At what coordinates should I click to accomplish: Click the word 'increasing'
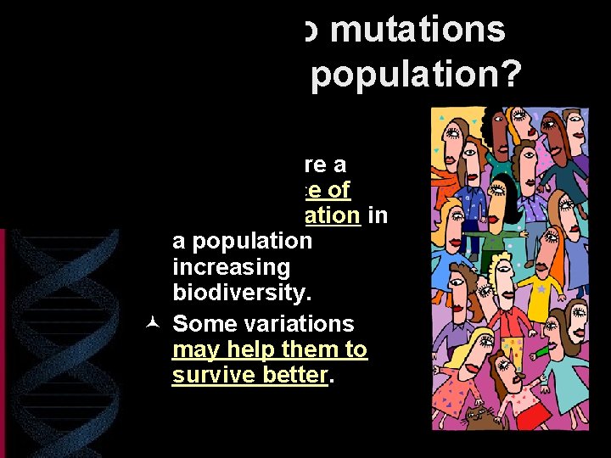click(x=230, y=267)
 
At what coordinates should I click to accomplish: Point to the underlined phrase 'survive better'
click(x=249, y=375)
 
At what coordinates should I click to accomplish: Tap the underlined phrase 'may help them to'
click(x=269, y=349)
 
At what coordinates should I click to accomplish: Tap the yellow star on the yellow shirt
click(x=540, y=289)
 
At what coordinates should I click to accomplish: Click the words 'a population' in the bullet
click(x=242, y=241)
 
